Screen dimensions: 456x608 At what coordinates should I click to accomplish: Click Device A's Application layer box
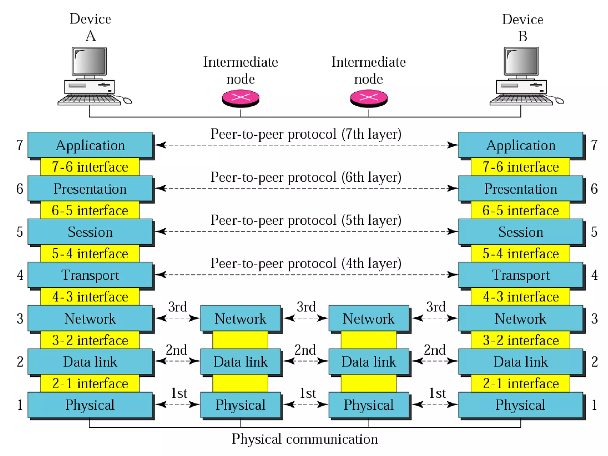point(90,145)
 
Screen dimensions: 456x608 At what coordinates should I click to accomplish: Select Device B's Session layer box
point(520,232)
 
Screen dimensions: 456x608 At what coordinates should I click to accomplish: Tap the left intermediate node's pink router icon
point(241,98)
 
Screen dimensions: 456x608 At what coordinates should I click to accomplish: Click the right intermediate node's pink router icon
point(369,98)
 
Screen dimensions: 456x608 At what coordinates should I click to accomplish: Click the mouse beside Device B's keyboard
point(559,101)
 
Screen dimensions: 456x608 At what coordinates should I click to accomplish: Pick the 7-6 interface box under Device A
point(90,167)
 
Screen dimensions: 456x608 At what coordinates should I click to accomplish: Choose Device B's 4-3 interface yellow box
point(520,297)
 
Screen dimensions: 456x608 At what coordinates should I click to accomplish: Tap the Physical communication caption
point(305,439)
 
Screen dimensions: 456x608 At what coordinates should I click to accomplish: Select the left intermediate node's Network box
point(240,319)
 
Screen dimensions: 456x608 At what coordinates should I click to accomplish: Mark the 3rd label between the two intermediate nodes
point(306,307)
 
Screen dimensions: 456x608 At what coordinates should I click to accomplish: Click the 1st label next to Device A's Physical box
point(179,393)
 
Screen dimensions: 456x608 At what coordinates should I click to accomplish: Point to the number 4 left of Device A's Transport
point(20,275)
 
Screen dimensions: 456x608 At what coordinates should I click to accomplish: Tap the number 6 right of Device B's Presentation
point(594,189)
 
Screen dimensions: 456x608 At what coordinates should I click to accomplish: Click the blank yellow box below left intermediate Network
point(240,340)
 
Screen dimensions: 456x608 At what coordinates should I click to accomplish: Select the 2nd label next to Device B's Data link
point(435,350)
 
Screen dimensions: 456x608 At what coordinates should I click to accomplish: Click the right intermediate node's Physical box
point(369,405)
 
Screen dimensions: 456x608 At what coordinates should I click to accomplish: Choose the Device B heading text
point(522,28)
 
